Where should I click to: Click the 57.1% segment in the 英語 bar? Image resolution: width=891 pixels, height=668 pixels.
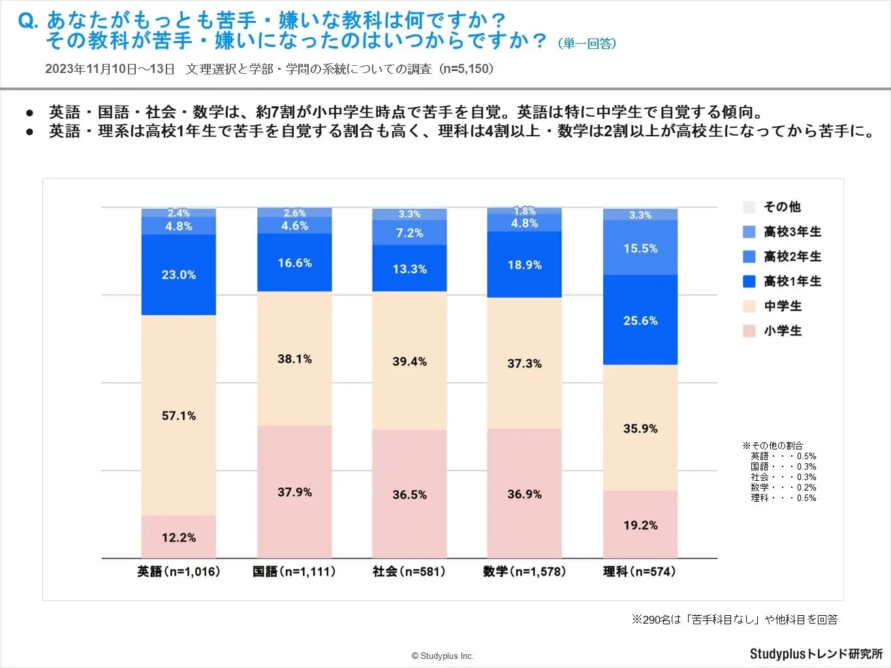178,416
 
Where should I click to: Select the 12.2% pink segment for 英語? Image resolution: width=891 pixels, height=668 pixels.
178,537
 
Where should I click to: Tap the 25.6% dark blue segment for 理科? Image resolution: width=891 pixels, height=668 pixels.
640,320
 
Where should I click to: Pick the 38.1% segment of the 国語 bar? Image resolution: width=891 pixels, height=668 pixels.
294,359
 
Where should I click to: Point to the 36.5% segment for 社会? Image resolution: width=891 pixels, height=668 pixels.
409,494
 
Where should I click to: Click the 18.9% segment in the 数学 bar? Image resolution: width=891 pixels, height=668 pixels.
524,265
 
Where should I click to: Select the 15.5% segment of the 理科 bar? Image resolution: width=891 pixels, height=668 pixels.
640,249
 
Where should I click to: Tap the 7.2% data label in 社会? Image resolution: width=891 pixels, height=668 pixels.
409,233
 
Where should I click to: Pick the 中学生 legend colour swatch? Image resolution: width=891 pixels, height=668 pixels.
749,306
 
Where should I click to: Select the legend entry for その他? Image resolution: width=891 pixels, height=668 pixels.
781,207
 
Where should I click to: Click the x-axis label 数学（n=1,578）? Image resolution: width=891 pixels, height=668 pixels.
524,571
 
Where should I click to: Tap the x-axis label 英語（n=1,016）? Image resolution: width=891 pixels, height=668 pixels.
178,571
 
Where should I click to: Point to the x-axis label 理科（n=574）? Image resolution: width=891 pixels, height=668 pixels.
640,571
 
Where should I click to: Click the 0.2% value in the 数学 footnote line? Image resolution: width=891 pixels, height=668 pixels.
806,487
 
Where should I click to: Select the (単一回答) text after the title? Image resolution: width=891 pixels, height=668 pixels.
587,44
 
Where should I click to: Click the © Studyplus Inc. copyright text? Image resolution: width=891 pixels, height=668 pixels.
443,656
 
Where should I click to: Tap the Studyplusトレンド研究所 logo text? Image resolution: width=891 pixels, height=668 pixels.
815,654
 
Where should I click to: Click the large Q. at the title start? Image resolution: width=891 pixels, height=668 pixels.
28,22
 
